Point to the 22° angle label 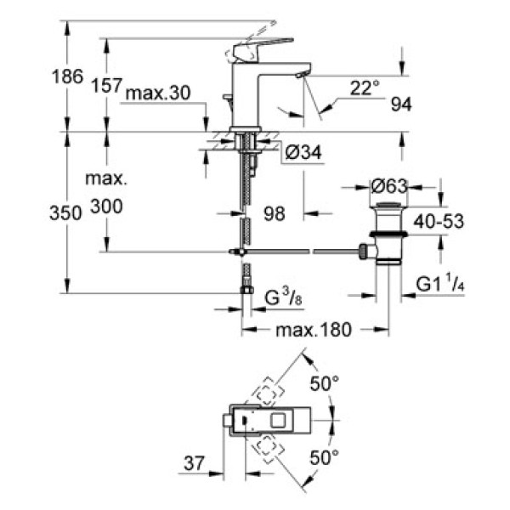[x=363, y=87]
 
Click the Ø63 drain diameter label [x=390, y=183]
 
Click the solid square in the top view [x=280, y=420]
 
